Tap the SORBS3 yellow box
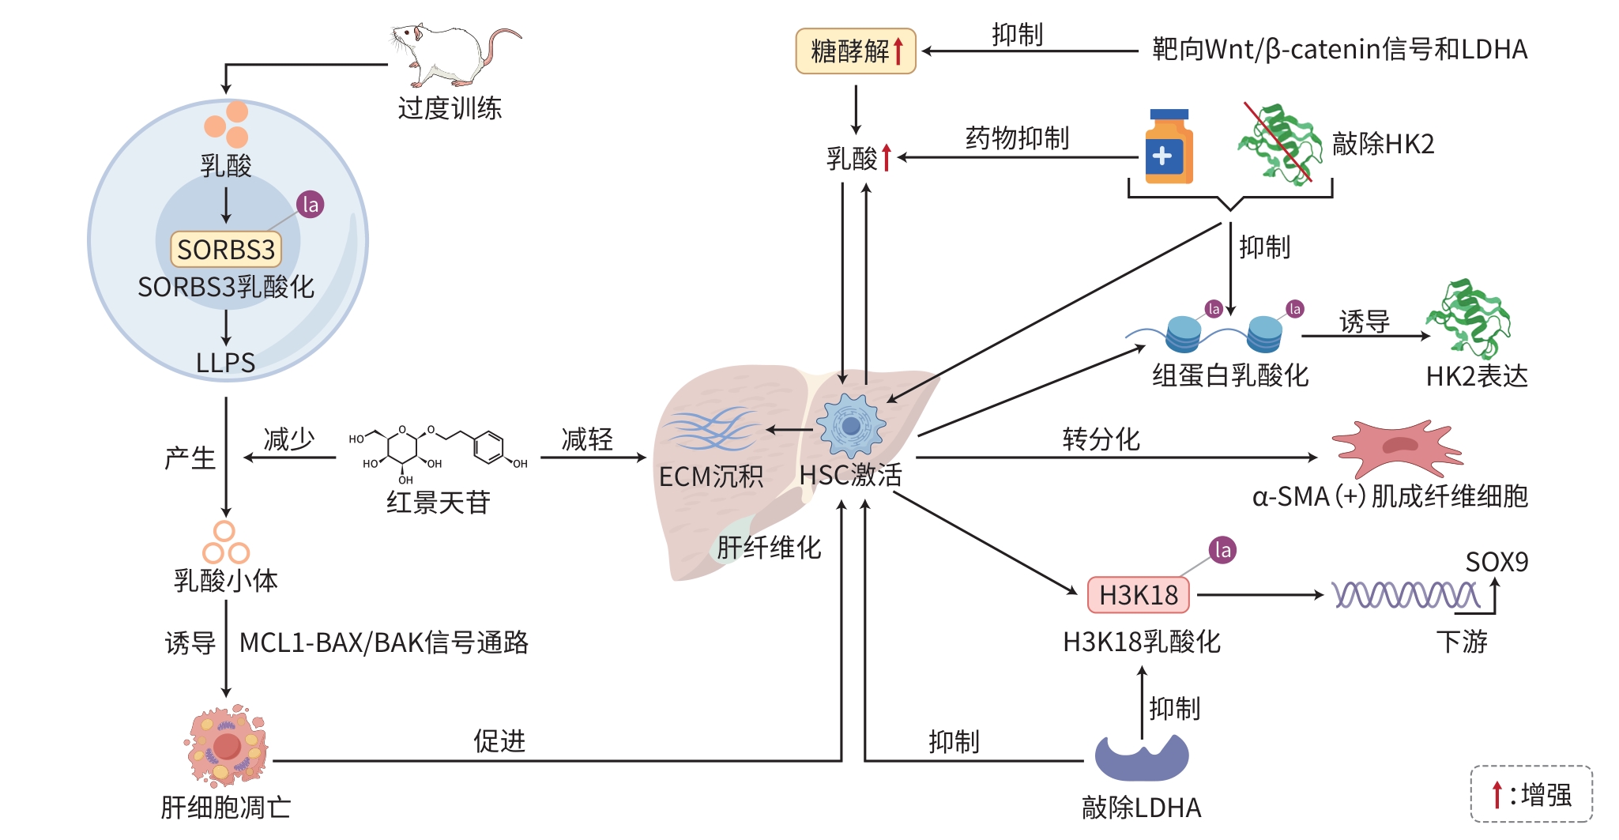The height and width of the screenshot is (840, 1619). [x=226, y=250]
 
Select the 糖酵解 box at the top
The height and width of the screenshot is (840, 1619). [x=856, y=51]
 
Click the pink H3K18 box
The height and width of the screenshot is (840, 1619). [x=1138, y=595]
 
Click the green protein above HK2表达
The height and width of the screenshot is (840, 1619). [x=1468, y=318]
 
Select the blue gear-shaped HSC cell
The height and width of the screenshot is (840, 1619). [x=851, y=426]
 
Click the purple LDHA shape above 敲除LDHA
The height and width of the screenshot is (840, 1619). [x=1142, y=758]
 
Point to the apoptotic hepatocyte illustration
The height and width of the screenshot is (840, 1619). [x=227, y=745]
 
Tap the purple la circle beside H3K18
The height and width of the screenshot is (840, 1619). [x=1222, y=550]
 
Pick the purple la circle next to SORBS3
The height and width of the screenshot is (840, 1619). [x=311, y=205]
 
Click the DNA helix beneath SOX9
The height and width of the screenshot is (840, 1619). [x=1406, y=595]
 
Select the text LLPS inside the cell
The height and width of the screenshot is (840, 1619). [x=226, y=363]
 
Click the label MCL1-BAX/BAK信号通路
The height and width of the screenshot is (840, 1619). [x=384, y=642]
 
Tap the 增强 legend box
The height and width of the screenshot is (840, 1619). [x=1531, y=794]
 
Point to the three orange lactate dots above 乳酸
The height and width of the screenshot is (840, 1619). [x=228, y=124]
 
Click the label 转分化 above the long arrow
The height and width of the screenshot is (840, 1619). [x=1101, y=439]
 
